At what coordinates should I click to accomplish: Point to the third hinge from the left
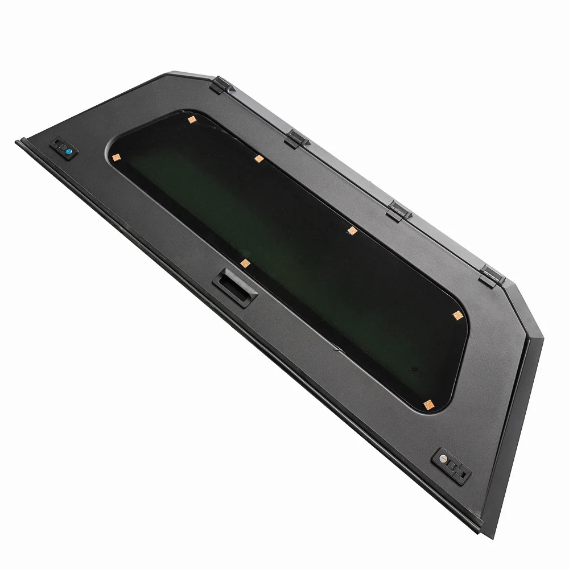pos(398,210)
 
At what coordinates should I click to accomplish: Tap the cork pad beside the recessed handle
pos(245,263)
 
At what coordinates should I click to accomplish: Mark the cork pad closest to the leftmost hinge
pos(192,119)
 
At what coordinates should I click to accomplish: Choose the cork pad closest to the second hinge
pos(258,159)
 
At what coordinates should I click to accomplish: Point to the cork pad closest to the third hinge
pos(352,230)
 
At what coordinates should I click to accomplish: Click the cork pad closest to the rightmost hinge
pos(456,315)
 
